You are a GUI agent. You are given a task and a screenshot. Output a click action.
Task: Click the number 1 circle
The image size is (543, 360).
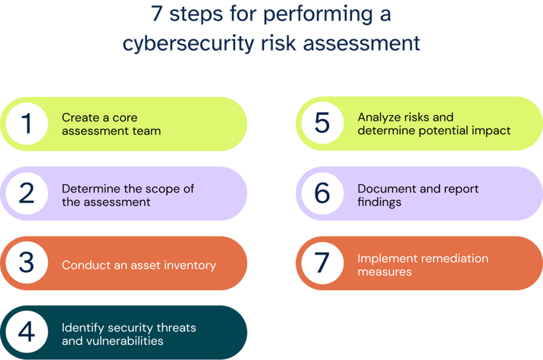tap(28, 124)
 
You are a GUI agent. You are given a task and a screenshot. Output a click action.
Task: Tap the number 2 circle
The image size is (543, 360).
tap(28, 194)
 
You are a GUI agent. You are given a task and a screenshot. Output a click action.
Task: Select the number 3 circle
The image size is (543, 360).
tap(28, 264)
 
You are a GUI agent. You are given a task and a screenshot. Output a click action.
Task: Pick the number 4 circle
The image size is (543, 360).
tap(28, 333)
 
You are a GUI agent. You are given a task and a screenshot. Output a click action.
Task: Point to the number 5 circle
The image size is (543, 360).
tap(322, 124)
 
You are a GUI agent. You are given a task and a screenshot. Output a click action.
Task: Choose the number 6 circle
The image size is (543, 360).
tap(322, 194)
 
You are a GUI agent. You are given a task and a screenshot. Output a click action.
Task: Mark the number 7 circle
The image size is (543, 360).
tap(322, 264)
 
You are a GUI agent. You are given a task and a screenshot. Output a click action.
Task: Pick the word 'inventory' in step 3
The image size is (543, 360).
tap(190, 265)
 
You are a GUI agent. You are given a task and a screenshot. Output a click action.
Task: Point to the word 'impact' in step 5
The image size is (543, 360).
tap(492, 130)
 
